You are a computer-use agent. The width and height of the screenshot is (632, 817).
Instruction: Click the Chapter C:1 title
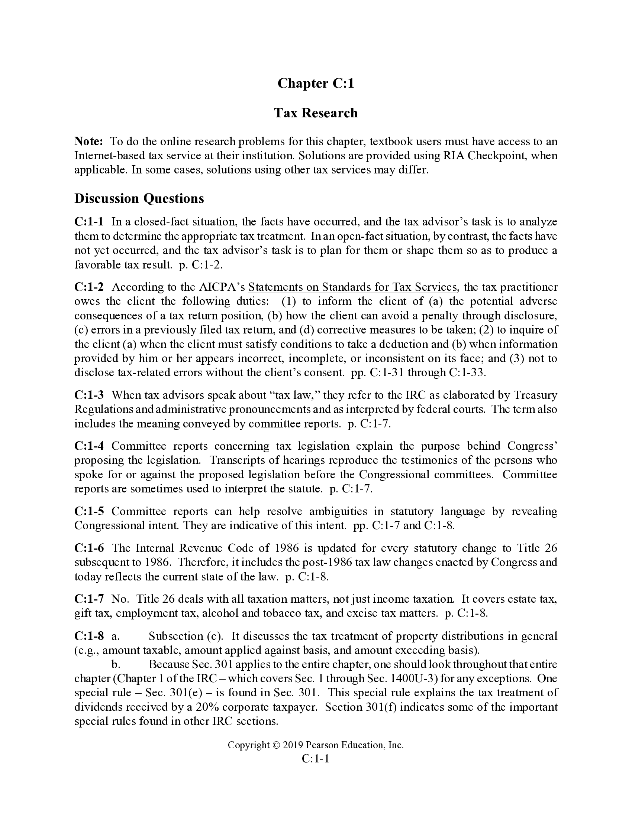pyautogui.click(x=316, y=83)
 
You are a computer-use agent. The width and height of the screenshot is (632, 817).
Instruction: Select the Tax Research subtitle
pyautogui.click(x=316, y=113)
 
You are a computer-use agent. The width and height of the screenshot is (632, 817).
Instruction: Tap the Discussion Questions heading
pyautogui.click(x=139, y=198)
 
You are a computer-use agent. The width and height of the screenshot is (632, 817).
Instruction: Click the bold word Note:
pyautogui.click(x=89, y=141)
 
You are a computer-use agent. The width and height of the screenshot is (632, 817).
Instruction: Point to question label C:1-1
pyautogui.click(x=89, y=222)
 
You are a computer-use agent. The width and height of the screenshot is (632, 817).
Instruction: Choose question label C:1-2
pyautogui.click(x=89, y=287)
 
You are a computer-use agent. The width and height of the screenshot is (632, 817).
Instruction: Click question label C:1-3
pyautogui.click(x=89, y=395)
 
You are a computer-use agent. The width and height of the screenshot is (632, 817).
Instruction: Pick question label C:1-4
pyautogui.click(x=89, y=446)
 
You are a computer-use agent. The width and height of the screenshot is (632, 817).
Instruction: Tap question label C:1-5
pyautogui.click(x=89, y=511)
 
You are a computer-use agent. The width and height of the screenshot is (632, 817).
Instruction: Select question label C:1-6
pyautogui.click(x=89, y=548)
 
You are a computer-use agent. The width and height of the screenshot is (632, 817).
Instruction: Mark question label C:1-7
pyautogui.click(x=89, y=599)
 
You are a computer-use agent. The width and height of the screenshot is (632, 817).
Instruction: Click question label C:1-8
pyautogui.click(x=89, y=636)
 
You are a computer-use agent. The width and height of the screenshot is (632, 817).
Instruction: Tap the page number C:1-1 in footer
pyautogui.click(x=316, y=759)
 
